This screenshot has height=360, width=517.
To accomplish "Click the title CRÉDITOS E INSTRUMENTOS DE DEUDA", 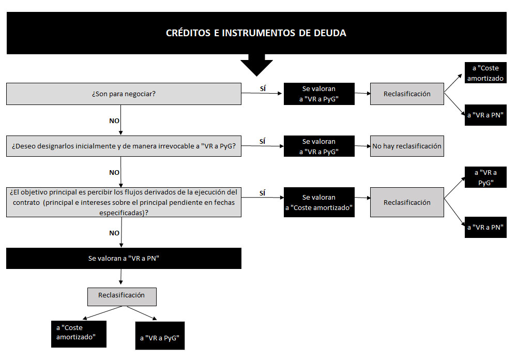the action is (x=256, y=33).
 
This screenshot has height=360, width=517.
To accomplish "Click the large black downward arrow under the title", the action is (x=256, y=65).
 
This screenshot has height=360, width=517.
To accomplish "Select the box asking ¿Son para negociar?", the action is (x=124, y=94).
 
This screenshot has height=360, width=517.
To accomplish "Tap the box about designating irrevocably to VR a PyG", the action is (x=124, y=146).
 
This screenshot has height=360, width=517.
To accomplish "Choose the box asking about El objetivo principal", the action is (x=124, y=202).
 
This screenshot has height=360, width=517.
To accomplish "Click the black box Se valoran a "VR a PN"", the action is (x=124, y=259).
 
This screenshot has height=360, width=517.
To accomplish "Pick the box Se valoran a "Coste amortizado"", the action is (x=319, y=202).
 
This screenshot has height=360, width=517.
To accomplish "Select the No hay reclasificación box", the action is (x=407, y=146).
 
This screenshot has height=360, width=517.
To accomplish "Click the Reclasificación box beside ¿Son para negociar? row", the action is (x=407, y=94).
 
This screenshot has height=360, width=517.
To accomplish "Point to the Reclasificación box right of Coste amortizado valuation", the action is (x=407, y=202).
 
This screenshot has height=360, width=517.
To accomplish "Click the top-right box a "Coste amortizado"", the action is (x=485, y=72).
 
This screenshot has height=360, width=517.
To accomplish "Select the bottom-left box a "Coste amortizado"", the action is (x=79, y=334).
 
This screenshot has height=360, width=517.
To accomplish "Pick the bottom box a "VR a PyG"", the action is (x=160, y=336).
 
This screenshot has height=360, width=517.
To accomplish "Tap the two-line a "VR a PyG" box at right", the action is (x=485, y=177).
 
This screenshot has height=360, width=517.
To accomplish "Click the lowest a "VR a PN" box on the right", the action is (x=485, y=228).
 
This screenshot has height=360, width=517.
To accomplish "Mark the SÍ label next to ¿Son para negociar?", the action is (x=263, y=88).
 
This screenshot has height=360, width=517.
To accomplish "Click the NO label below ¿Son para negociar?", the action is (x=114, y=121).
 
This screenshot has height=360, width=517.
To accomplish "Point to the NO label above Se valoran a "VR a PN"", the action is (x=114, y=233).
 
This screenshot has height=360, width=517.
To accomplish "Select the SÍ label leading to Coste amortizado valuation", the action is (x=263, y=193).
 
